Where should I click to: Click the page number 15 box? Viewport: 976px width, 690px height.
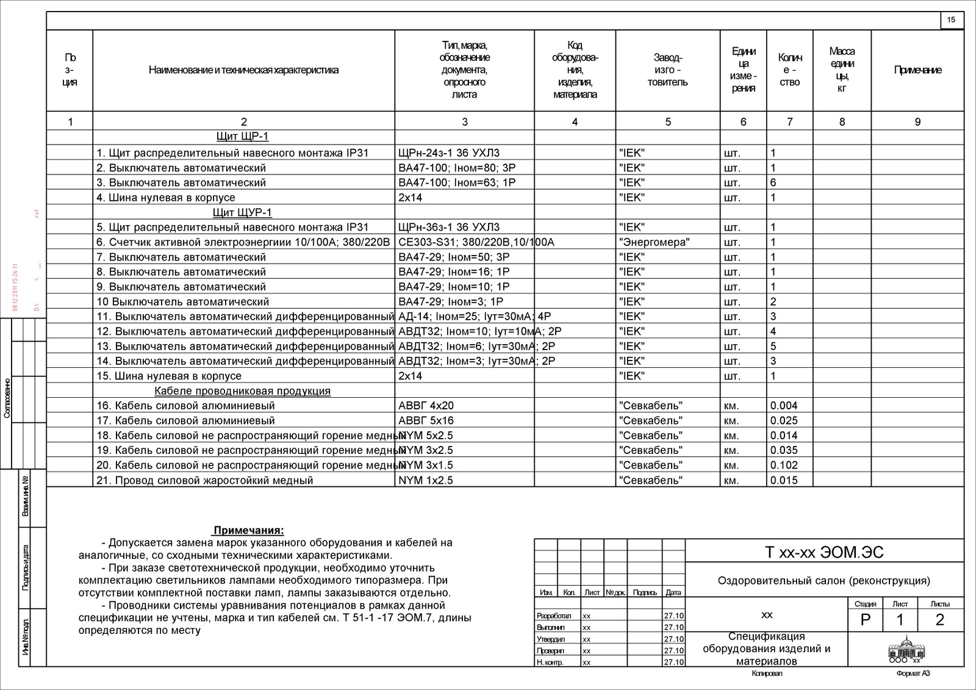pos(951,20)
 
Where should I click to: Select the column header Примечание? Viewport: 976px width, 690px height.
pos(917,70)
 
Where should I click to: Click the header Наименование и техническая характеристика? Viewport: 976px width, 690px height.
pos(243,70)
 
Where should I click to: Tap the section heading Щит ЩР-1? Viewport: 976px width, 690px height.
pos(243,136)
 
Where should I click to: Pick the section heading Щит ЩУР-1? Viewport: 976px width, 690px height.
pos(242,212)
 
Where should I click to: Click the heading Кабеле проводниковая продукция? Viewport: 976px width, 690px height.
pos(242,391)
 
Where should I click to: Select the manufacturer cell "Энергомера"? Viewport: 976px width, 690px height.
pos(654,242)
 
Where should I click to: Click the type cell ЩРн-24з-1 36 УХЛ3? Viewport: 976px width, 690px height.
pos(448,153)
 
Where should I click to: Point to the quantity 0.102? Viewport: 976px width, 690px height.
pos(784,465)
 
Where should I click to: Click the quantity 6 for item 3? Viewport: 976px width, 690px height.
pos(773,182)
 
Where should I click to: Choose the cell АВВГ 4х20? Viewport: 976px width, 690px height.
pos(426,406)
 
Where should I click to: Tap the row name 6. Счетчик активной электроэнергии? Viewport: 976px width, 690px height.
pos(243,242)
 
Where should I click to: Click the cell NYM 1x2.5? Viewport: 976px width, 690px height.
pos(426,480)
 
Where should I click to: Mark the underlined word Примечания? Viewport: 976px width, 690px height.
pos(248,531)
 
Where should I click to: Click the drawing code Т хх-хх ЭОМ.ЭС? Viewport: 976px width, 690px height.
pos(824,553)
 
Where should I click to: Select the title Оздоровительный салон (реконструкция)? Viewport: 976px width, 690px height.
pos(824,581)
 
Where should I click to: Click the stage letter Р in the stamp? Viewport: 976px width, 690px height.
pos(865,620)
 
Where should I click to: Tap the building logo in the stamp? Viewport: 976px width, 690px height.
pos(905,647)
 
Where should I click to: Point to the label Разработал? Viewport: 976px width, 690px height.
pos(554,616)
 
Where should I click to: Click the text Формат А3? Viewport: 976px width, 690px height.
pos(913,674)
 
